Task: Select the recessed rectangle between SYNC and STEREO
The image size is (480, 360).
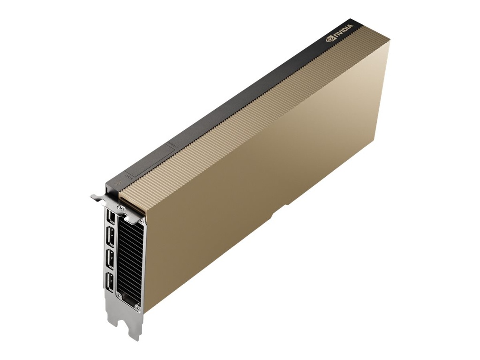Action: pos(150,161)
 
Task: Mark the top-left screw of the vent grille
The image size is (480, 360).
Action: pos(121,208)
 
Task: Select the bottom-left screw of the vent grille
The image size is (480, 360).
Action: pos(119,295)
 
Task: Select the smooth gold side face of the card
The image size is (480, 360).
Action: pos(262,187)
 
